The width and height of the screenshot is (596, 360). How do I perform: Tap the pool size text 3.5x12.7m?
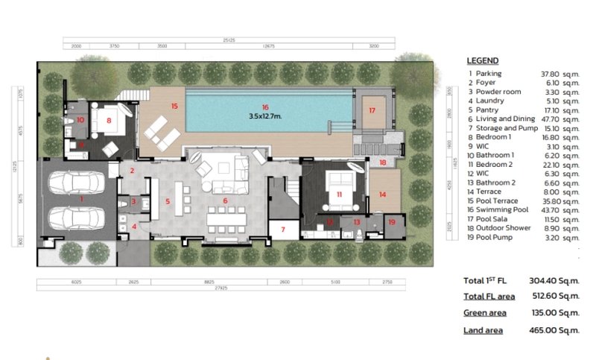pyautogui.click(x=264, y=116)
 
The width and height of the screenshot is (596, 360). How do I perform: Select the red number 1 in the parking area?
pyautogui.click(x=82, y=199)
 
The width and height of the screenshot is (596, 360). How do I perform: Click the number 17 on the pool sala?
pyautogui.click(x=371, y=110)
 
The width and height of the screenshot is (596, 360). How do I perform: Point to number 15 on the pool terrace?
pyautogui.click(x=174, y=107)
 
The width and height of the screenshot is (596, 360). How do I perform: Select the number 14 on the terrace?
pyautogui.click(x=382, y=194)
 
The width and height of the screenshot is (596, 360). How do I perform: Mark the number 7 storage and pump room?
pyautogui.click(x=282, y=228)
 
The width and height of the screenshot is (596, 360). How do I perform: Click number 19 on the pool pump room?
pyautogui.click(x=392, y=222)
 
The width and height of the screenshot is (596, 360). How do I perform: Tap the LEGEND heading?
pyautogui.click(x=482, y=60)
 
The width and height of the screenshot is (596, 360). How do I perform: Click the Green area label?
pyautogui.click(x=484, y=313)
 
